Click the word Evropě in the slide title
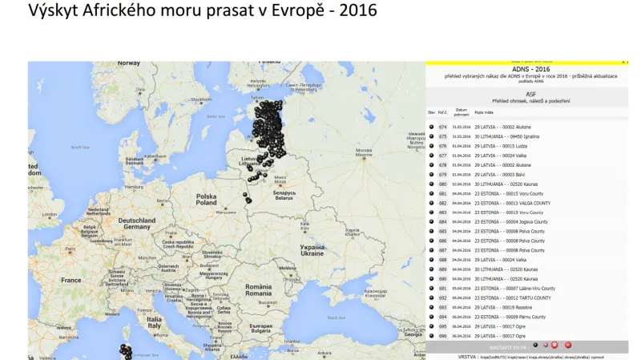(294, 11)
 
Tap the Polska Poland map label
(207, 199)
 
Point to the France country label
(71, 281)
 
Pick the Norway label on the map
(128, 63)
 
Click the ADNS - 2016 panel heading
(526, 70)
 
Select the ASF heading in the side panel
(526, 94)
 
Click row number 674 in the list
(443, 127)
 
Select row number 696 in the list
(443, 335)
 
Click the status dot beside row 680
(432, 184)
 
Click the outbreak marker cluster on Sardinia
(126, 351)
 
